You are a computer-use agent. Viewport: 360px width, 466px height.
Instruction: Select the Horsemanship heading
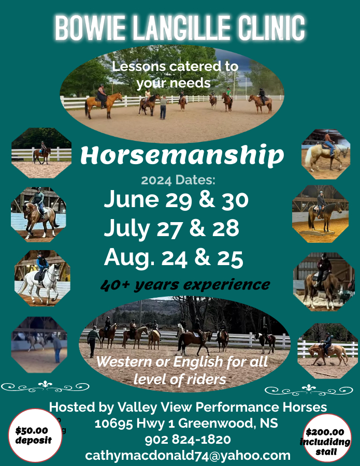[182, 155]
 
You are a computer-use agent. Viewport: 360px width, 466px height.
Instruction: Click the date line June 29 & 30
[176, 199]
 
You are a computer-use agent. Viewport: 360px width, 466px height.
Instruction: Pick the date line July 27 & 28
[171, 228]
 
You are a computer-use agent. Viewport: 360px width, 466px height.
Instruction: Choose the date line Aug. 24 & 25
[174, 257]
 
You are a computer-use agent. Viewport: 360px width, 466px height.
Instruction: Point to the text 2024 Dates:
[178, 181]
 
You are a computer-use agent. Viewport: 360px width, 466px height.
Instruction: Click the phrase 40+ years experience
[185, 285]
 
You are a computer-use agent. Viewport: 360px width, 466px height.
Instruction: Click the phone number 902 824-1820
[188, 440]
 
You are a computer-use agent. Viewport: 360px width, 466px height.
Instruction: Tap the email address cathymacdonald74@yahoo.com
[188, 456]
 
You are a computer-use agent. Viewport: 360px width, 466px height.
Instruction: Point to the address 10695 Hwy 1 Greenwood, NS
[186, 424]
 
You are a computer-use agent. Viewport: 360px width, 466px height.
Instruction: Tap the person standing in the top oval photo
[163, 107]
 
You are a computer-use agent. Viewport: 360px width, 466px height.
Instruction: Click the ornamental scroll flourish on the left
[45, 386]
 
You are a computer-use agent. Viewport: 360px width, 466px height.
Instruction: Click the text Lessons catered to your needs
[175, 75]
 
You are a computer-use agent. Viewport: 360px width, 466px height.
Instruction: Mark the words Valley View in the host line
[146, 407]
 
